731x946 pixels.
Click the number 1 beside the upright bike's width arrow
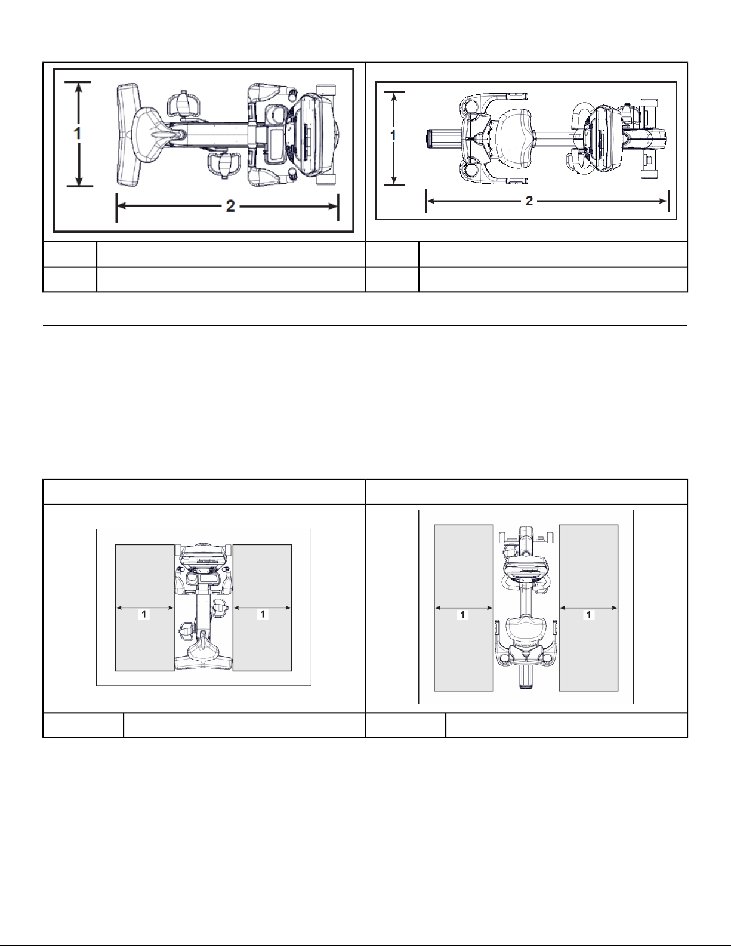click(78, 133)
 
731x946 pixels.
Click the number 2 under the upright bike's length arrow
click(230, 206)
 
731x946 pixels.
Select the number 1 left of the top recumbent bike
click(393, 136)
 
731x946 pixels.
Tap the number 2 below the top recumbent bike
click(529, 201)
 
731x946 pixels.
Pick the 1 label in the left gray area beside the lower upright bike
click(144, 614)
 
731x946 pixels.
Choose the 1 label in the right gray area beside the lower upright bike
click(263, 614)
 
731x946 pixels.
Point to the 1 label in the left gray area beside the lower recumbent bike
click(463, 615)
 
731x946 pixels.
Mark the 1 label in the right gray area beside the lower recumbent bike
click(589, 615)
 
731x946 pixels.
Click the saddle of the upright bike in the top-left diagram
click(150, 129)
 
